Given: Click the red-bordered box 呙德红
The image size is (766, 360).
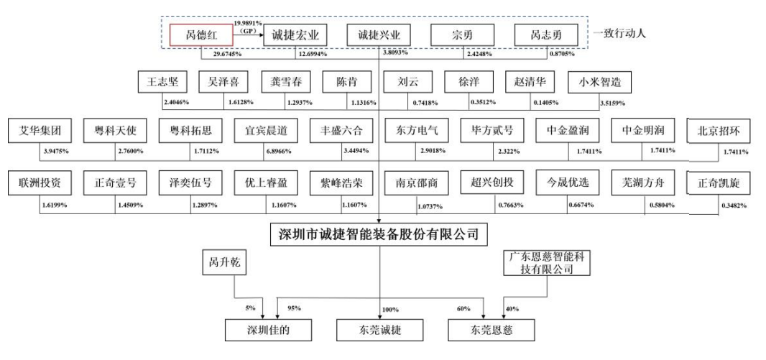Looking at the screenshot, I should (200, 34).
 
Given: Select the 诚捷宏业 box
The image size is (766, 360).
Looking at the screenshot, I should (295, 34).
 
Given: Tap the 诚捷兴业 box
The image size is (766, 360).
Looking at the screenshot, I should (379, 34).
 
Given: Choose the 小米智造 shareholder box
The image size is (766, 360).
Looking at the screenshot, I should (599, 83).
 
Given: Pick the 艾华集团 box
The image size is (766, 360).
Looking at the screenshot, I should (40, 131).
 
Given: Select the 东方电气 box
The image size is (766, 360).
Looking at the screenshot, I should (417, 131).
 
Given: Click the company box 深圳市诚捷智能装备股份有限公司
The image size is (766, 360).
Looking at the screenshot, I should (378, 234).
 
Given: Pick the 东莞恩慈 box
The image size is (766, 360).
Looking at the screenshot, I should (492, 330).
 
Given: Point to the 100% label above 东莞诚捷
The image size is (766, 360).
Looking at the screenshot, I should (390, 309).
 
